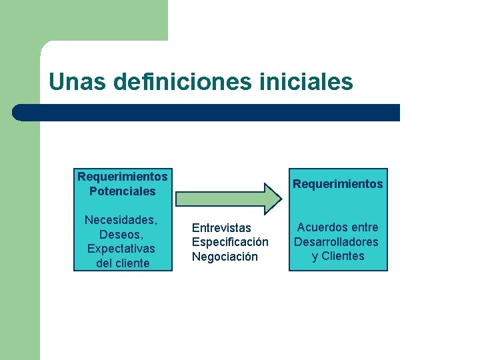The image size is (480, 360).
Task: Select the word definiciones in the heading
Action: (x=180, y=82)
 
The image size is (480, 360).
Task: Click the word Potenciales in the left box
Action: (x=122, y=191)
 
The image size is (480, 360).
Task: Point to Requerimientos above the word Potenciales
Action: (x=122, y=177)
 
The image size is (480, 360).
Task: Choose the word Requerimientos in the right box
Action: (x=338, y=184)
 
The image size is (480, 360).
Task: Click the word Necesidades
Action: (x=121, y=220)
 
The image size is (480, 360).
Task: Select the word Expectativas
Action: (x=121, y=249)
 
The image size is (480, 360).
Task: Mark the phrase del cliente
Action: (x=122, y=263)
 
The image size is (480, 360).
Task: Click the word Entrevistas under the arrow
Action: (x=221, y=228)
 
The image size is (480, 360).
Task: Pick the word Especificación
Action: (x=230, y=242)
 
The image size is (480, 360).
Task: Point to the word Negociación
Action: (x=225, y=257)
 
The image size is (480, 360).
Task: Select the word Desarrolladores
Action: (x=336, y=242)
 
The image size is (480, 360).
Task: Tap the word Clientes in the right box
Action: (x=343, y=256)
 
